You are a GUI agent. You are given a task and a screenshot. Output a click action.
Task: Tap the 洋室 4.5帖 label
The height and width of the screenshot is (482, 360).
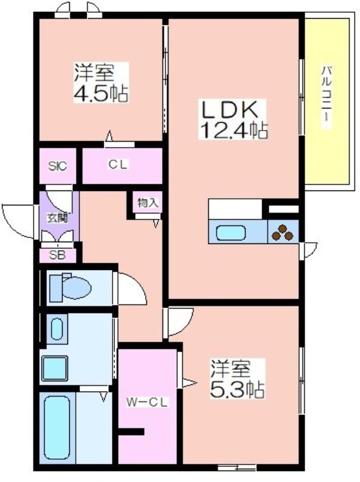(99, 83)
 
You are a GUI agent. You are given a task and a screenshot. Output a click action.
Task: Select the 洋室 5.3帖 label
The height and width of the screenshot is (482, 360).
(237, 379)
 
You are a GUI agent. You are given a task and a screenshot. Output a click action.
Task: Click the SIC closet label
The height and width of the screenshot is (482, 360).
(57, 166)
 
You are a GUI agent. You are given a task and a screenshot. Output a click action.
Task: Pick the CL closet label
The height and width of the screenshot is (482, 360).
(117, 165)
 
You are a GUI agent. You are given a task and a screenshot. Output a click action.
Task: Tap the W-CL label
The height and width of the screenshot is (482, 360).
(147, 402)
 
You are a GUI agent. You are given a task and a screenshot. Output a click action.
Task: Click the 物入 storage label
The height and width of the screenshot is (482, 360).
(147, 202)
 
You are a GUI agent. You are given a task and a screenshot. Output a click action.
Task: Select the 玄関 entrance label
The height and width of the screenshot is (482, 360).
(57, 219)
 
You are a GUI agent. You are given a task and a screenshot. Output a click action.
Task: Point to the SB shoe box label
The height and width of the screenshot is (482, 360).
(57, 255)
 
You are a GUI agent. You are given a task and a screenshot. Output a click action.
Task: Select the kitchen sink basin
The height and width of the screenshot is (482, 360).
(231, 233)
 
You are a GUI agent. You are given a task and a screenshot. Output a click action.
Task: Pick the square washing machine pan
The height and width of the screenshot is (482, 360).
(55, 368)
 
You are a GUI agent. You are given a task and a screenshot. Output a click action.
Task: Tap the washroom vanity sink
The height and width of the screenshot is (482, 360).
(57, 329)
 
